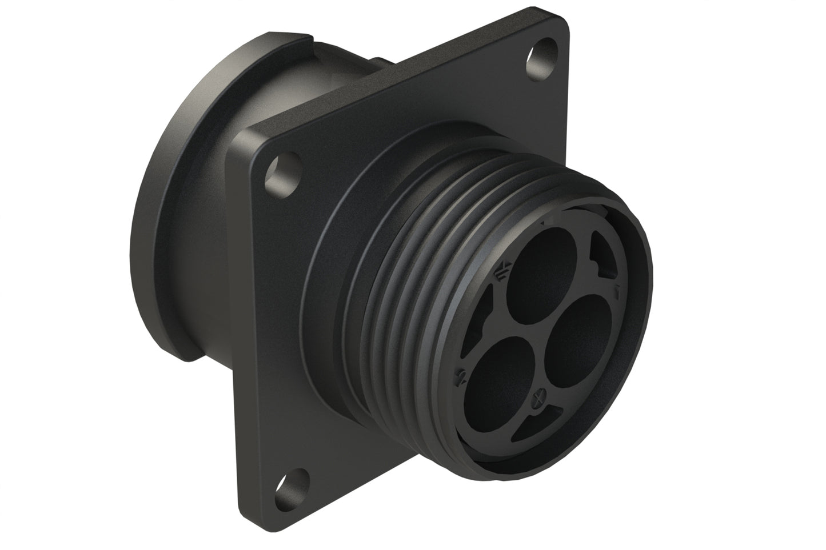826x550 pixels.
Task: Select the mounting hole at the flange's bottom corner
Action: (x=292, y=483)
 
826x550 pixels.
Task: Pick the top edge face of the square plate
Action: (x=400, y=74)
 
